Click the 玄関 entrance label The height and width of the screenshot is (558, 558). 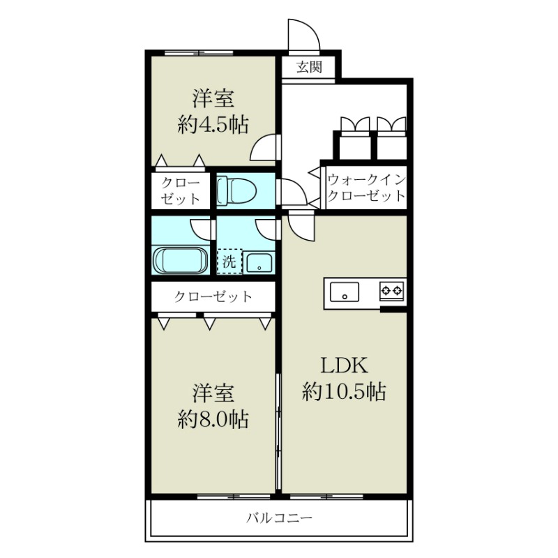click(x=308, y=68)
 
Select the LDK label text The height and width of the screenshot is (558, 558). click(x=344, y=365)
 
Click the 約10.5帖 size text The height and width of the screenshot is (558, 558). click(x=344, y=391)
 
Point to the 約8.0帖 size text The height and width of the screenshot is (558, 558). click(x=213, y=418)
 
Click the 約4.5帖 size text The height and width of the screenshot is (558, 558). click(x=213, y=123)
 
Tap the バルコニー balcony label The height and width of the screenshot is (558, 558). click(x=279, y=518)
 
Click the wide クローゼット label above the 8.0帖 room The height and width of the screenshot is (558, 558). click(x=213, y=296)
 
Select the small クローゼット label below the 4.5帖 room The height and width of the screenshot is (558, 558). click(x=181, y=190)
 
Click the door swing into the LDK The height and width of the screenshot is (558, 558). click(x=301, y=225)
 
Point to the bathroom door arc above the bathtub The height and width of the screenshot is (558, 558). click(x=201, y=228)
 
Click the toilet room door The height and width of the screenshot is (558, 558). click(x=287, y=190)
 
